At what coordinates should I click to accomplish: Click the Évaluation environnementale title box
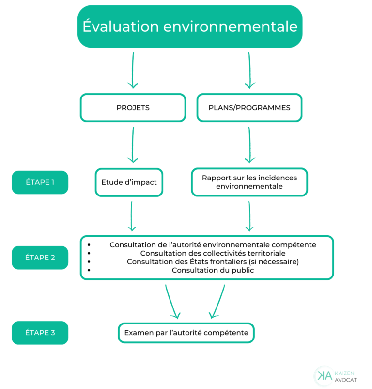[190, 27]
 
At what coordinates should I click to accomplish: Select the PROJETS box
[133, 108]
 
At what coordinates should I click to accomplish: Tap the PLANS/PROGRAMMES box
[249, 108]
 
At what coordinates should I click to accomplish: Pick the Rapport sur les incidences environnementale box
[249, 182]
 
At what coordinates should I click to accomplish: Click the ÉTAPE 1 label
[40, 182]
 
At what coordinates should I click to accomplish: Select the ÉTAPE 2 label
[40, 258]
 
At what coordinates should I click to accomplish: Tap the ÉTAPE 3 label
[40, 333]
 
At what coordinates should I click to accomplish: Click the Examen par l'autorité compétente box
[186, 333]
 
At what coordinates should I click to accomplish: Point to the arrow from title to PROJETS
[133, 70]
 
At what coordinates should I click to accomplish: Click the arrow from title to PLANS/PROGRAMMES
[249, 70]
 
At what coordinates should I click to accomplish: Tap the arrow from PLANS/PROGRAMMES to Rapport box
[249, 145]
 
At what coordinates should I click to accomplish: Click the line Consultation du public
[213, 270]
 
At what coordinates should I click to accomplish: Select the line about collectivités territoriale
[213, 253]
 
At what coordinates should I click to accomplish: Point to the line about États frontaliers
[213, 261]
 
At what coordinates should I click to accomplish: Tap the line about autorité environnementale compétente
[213, 245]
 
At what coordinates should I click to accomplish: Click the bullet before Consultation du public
[89, 270]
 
